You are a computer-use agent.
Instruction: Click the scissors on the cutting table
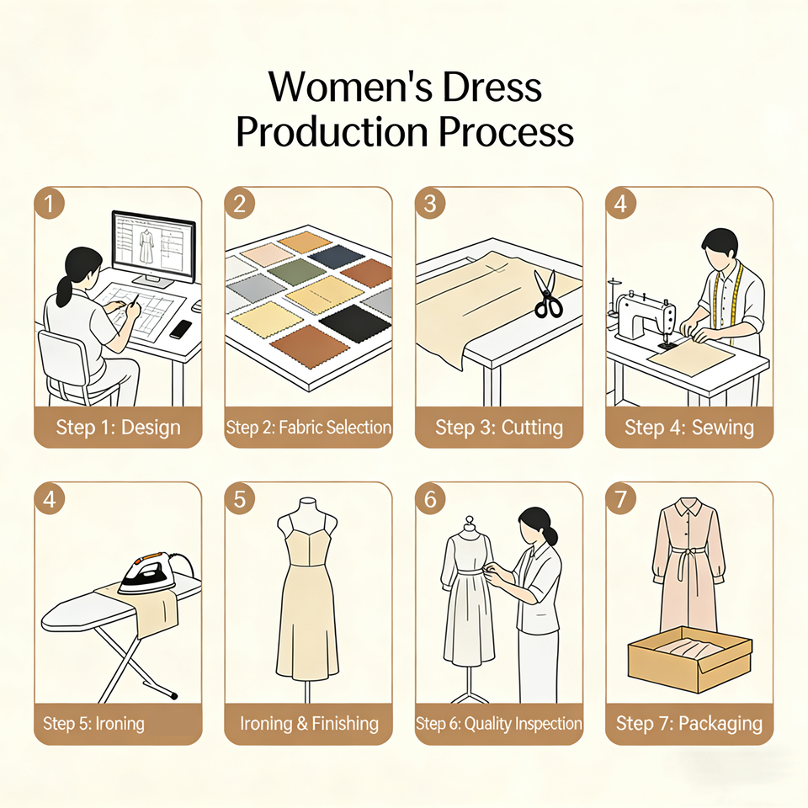tap(547, 294)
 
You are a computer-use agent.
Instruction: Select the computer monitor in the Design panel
tap(153, 248)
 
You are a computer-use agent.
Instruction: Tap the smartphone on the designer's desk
tap(180, 329)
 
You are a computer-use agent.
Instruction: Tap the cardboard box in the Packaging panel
tap(690, 660)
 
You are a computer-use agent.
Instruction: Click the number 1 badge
tap(50, 203)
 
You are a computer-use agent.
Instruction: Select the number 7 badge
tap(620, 498)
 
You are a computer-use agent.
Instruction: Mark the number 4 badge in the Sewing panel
tap(620, 203)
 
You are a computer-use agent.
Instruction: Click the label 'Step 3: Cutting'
tap(499, 428)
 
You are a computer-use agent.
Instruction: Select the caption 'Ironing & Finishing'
tap(309, 724)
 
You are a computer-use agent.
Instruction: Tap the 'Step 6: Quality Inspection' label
tap(499, 724)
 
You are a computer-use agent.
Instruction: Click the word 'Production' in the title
tap(332, 132)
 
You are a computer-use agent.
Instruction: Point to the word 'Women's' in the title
tap(350, 87)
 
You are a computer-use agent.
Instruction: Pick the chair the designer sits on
tap(72, 369)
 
